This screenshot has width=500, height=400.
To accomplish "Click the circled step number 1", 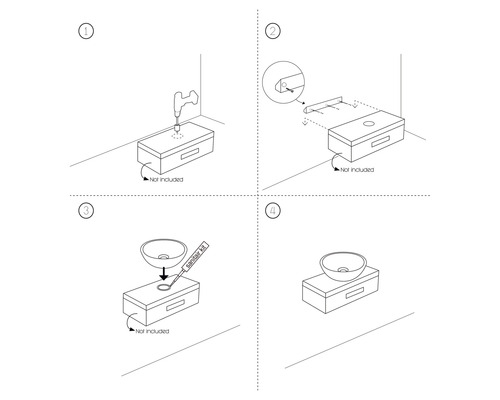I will tap(87, 31).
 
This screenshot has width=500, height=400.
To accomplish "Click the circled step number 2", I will tap(273, 31).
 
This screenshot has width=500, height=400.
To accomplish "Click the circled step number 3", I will tap(87, 211).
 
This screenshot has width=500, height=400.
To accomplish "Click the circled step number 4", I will tap(273, 211).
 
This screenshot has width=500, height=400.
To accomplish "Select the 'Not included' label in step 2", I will tap(356, 169).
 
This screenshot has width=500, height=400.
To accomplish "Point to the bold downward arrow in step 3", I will tap(163, 270).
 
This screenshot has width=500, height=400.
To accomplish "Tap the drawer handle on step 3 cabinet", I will tap(177, 302).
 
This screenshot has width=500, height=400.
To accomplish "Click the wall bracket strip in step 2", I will tap(327, 104).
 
